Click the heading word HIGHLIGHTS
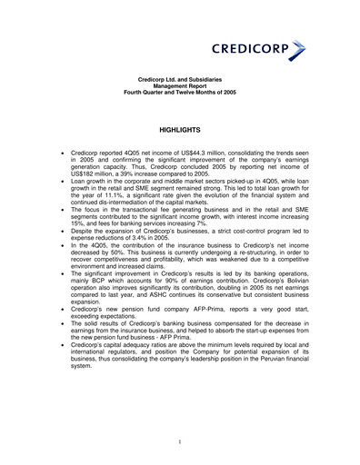click(x=179, y=131)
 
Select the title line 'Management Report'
click(x=179, y=87)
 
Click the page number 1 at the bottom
click(x=180, y=441)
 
